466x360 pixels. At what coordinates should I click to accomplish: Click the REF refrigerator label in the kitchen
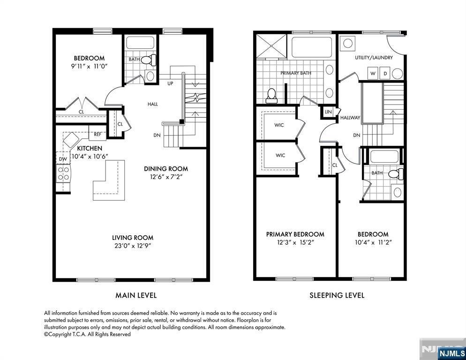98,135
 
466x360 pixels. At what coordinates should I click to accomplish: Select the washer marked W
373,74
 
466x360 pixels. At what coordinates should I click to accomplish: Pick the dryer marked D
385,74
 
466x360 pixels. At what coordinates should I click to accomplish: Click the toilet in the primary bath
271,96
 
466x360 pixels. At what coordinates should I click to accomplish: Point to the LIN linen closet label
328,112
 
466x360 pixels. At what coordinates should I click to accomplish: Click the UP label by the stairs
170,83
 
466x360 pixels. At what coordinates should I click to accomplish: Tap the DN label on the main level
157,135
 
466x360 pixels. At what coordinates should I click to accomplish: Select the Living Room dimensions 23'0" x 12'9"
133,246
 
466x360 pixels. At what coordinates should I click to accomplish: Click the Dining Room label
166,169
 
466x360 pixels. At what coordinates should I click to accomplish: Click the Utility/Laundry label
374,57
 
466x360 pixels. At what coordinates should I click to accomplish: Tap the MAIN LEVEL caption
136,295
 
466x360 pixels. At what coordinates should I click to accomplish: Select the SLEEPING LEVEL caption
337,295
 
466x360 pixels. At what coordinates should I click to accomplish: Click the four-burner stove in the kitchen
63,173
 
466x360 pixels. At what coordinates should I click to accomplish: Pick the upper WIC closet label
279,125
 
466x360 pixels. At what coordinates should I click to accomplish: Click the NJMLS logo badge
452,353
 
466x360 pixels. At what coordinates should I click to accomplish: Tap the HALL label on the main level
153,104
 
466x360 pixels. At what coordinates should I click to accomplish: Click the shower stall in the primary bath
271,46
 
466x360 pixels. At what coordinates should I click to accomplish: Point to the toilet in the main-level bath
149,60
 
